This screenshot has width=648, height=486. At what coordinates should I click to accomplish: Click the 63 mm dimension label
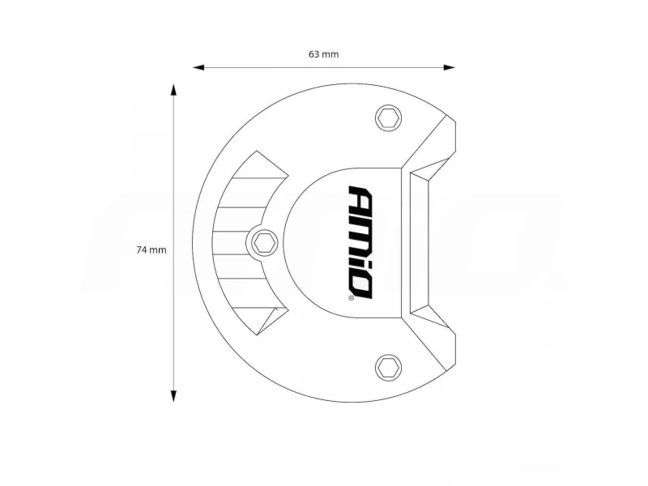[x=323, y=54]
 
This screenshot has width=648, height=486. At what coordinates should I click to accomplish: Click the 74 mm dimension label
[x=151, y=250]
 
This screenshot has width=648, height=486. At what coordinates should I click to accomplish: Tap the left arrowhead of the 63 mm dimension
[x=198, y=67]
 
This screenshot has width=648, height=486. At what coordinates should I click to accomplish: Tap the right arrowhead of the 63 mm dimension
[x=450, y=67]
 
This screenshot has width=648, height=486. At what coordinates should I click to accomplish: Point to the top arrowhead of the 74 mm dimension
[x=173, y=90]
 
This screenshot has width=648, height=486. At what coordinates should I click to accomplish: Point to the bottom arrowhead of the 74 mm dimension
[x=173, y=395]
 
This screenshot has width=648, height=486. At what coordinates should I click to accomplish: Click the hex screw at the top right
[x=389, y=117]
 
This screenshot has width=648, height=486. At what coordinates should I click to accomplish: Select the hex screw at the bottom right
[x=389, y=367]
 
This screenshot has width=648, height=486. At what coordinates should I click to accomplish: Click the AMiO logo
[x=360, y=242]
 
